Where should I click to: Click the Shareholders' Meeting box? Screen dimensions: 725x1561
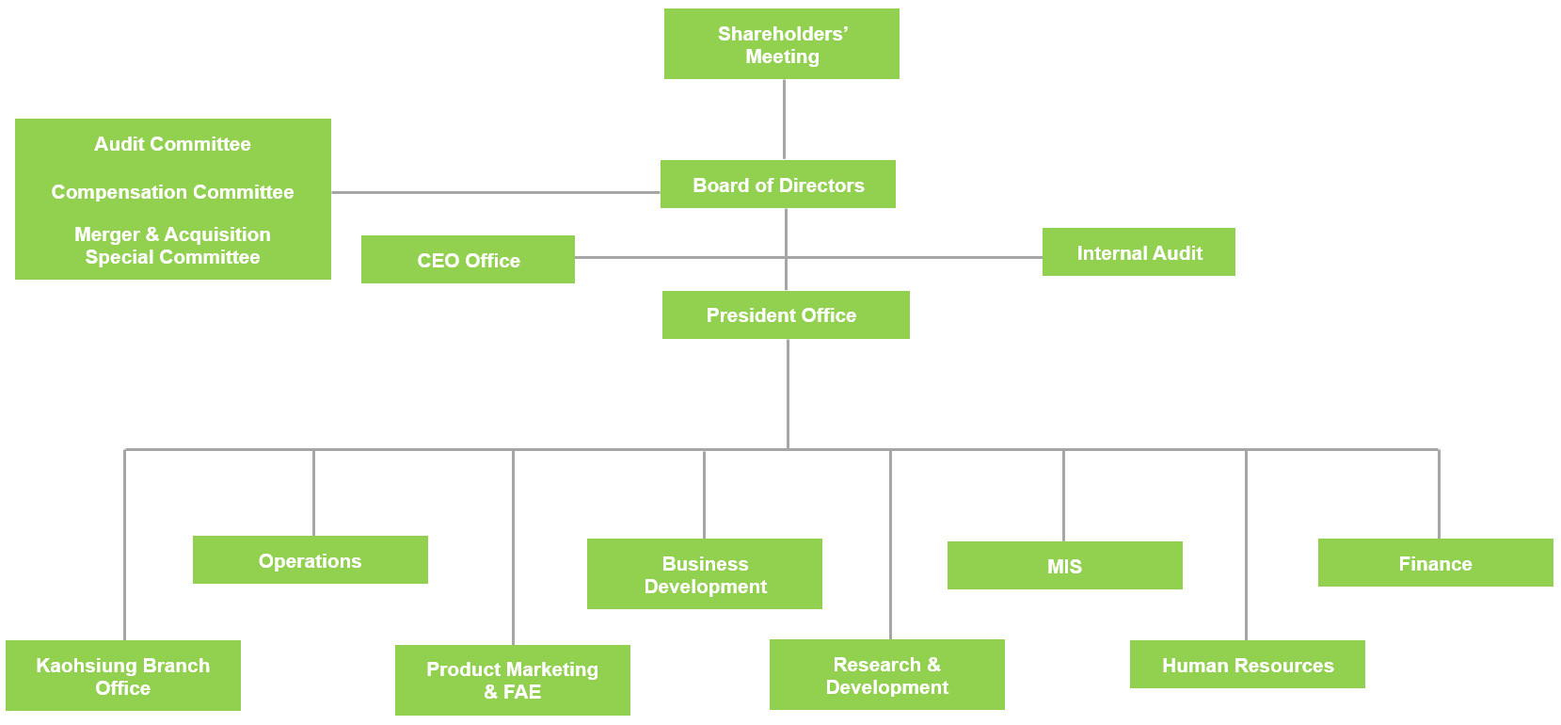[x=781, y=44]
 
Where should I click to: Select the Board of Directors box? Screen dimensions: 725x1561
[x=777, y=185]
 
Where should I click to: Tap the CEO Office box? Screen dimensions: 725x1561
[x=468, y=260]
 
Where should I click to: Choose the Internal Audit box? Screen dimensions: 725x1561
[x=1139, y=252]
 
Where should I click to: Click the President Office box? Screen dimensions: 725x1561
[x=785, y=315]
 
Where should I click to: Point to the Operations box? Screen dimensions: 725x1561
[x=310, y=560]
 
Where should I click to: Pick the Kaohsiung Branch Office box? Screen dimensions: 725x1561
[x=122, y=676]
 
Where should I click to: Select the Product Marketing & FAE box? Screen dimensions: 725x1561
[x=512, y=680]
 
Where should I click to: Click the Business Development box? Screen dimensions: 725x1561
[x=704, y=574]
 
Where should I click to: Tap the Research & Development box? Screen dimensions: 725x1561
[x=886, y=675]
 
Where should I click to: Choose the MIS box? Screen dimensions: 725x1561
[x=1064, y=566]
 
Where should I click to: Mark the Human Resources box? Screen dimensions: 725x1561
[x=1247, y=665]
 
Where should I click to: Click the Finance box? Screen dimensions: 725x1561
[x=1435, y=563]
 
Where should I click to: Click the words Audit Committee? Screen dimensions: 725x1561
[x=172, y=144]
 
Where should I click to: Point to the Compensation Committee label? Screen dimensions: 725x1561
[x=172, y=192]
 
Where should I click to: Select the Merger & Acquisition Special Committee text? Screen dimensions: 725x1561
[x=172, y=246]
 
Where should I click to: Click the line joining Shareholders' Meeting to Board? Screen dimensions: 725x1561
[x=784, y=120]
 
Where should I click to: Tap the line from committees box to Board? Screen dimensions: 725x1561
[x=495, y=192]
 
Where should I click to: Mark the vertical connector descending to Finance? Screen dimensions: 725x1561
[x=1439, y=494]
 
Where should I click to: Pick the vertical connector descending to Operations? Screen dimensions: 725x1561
[x=313, y=492]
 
